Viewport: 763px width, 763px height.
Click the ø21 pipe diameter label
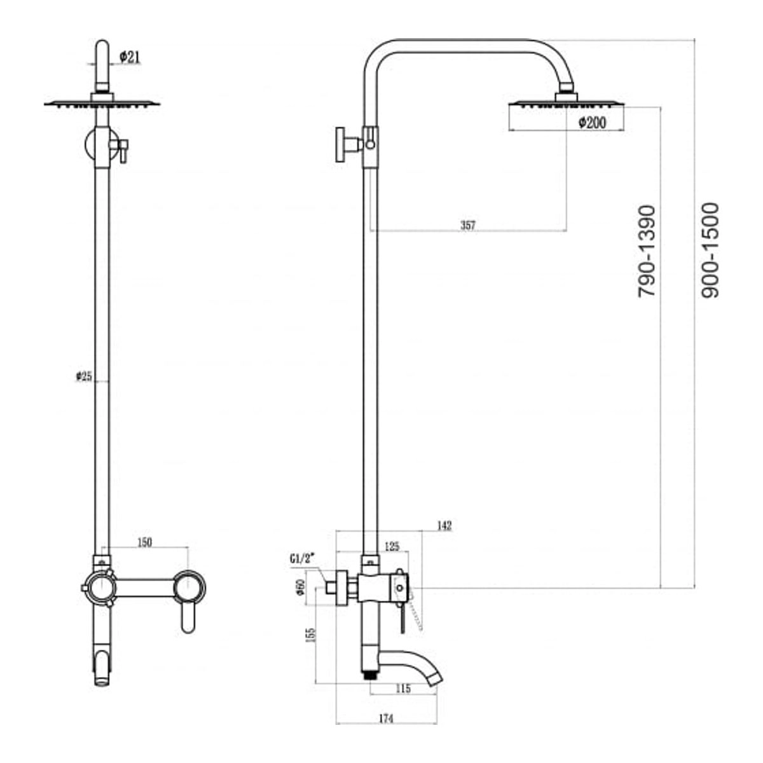[130, 57]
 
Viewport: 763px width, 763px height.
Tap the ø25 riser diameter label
[84, 376]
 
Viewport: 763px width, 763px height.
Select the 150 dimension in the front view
[144, 542]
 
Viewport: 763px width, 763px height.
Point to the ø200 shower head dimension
[592, 123]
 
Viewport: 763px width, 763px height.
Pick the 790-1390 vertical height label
[647, 251]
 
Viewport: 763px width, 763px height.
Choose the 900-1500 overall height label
[710, 251]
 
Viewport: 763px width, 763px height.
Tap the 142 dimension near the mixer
[444, 526]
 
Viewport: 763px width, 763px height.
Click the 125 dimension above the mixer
[392, 546]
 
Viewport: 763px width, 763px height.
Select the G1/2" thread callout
[302, 559]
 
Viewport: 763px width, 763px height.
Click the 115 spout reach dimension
[403, 689]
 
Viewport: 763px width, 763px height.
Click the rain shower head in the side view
[567, 102]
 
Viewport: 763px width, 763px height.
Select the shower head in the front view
[102, 101]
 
